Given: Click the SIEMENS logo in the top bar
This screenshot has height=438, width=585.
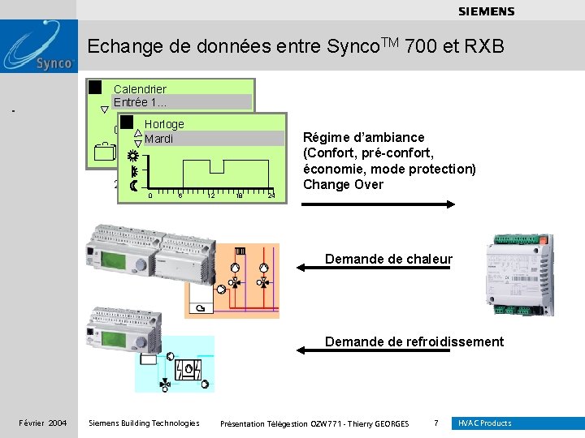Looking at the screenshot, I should pyautogui.click(x=486, y=11).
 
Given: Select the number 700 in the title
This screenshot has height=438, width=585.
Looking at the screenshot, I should pyautogui.click(x=420, y=46).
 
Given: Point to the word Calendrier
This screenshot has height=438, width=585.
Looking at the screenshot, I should pyautogui.click(x=140, y=89).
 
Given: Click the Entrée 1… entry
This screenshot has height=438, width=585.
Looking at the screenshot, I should pyautogui.click(x=141, y=102).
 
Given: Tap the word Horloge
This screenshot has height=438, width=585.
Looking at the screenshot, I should pyautogui.click(x=164, y=124).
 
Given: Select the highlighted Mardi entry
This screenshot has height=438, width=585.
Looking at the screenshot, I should pyautogui.click(x=159, y=139).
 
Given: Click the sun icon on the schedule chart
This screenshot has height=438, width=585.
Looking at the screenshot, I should pyautogui.click(x=133, y=156).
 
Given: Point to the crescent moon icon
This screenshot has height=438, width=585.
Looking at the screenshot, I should pyautogui.click(x=132, y=186).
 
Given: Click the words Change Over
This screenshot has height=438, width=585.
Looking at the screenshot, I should pyautogui.click(x=343, y=184).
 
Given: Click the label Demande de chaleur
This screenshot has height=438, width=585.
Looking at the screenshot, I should pyautogui.click(x=388, y=259).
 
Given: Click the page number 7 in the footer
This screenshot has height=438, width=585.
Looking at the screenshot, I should pyautogui.click(x=436, y=423).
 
